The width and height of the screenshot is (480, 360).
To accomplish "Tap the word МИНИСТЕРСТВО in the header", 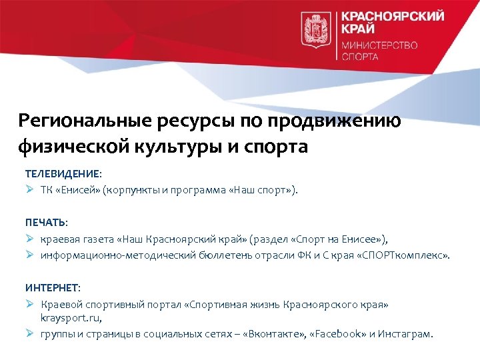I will [x=379, y=45].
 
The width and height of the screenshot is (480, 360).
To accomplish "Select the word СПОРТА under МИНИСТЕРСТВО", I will [x=360, y=57].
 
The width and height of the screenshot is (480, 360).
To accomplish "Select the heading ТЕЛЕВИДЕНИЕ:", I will [x=64, y=173].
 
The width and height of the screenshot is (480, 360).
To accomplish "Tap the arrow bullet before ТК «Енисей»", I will [x=30, y=189].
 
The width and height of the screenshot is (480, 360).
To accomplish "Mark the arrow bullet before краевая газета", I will [x=30, y=238].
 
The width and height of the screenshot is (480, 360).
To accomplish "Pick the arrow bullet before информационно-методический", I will [x=30, y=255].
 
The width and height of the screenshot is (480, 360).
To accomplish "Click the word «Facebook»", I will [x=339, y=334].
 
